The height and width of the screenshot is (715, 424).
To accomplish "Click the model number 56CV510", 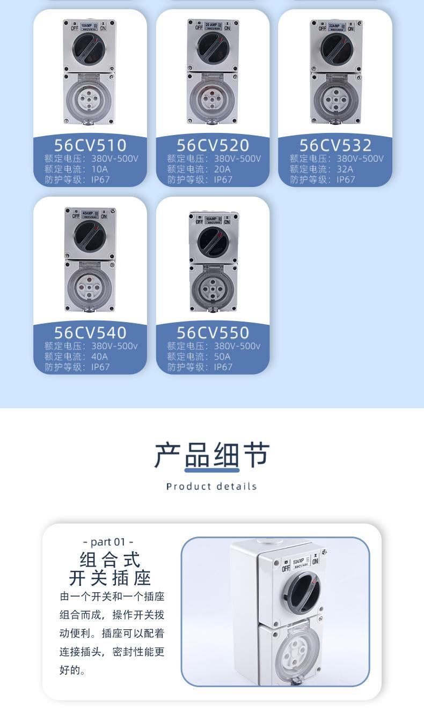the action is click(90, 145).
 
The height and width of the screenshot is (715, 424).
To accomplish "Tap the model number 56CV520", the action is click(213, 145).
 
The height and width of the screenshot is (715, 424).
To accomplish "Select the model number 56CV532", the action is click(335, 145).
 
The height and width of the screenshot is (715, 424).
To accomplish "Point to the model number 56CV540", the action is click(90, 333).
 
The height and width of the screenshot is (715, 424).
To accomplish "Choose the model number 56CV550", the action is click(213, 333).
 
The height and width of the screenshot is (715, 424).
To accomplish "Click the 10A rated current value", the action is click(99, 169).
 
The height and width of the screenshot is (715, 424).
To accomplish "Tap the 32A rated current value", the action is click(345, 169).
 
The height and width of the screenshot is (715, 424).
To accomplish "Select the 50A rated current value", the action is click(222, 356).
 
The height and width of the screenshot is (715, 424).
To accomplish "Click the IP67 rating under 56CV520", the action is click(223, 180).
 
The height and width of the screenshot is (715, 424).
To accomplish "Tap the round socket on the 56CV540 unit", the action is click(90, 286).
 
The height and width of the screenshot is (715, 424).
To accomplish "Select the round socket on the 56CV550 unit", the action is click(214, 288).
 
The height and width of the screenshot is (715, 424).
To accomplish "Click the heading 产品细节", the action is click(212, 456).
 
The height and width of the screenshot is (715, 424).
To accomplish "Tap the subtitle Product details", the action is click(212, 487).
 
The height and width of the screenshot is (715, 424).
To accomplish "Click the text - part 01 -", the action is click(108, 542).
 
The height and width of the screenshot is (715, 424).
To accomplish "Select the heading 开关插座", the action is click(110, 578).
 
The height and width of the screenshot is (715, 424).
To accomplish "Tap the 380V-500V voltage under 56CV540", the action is click(114, 346).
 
